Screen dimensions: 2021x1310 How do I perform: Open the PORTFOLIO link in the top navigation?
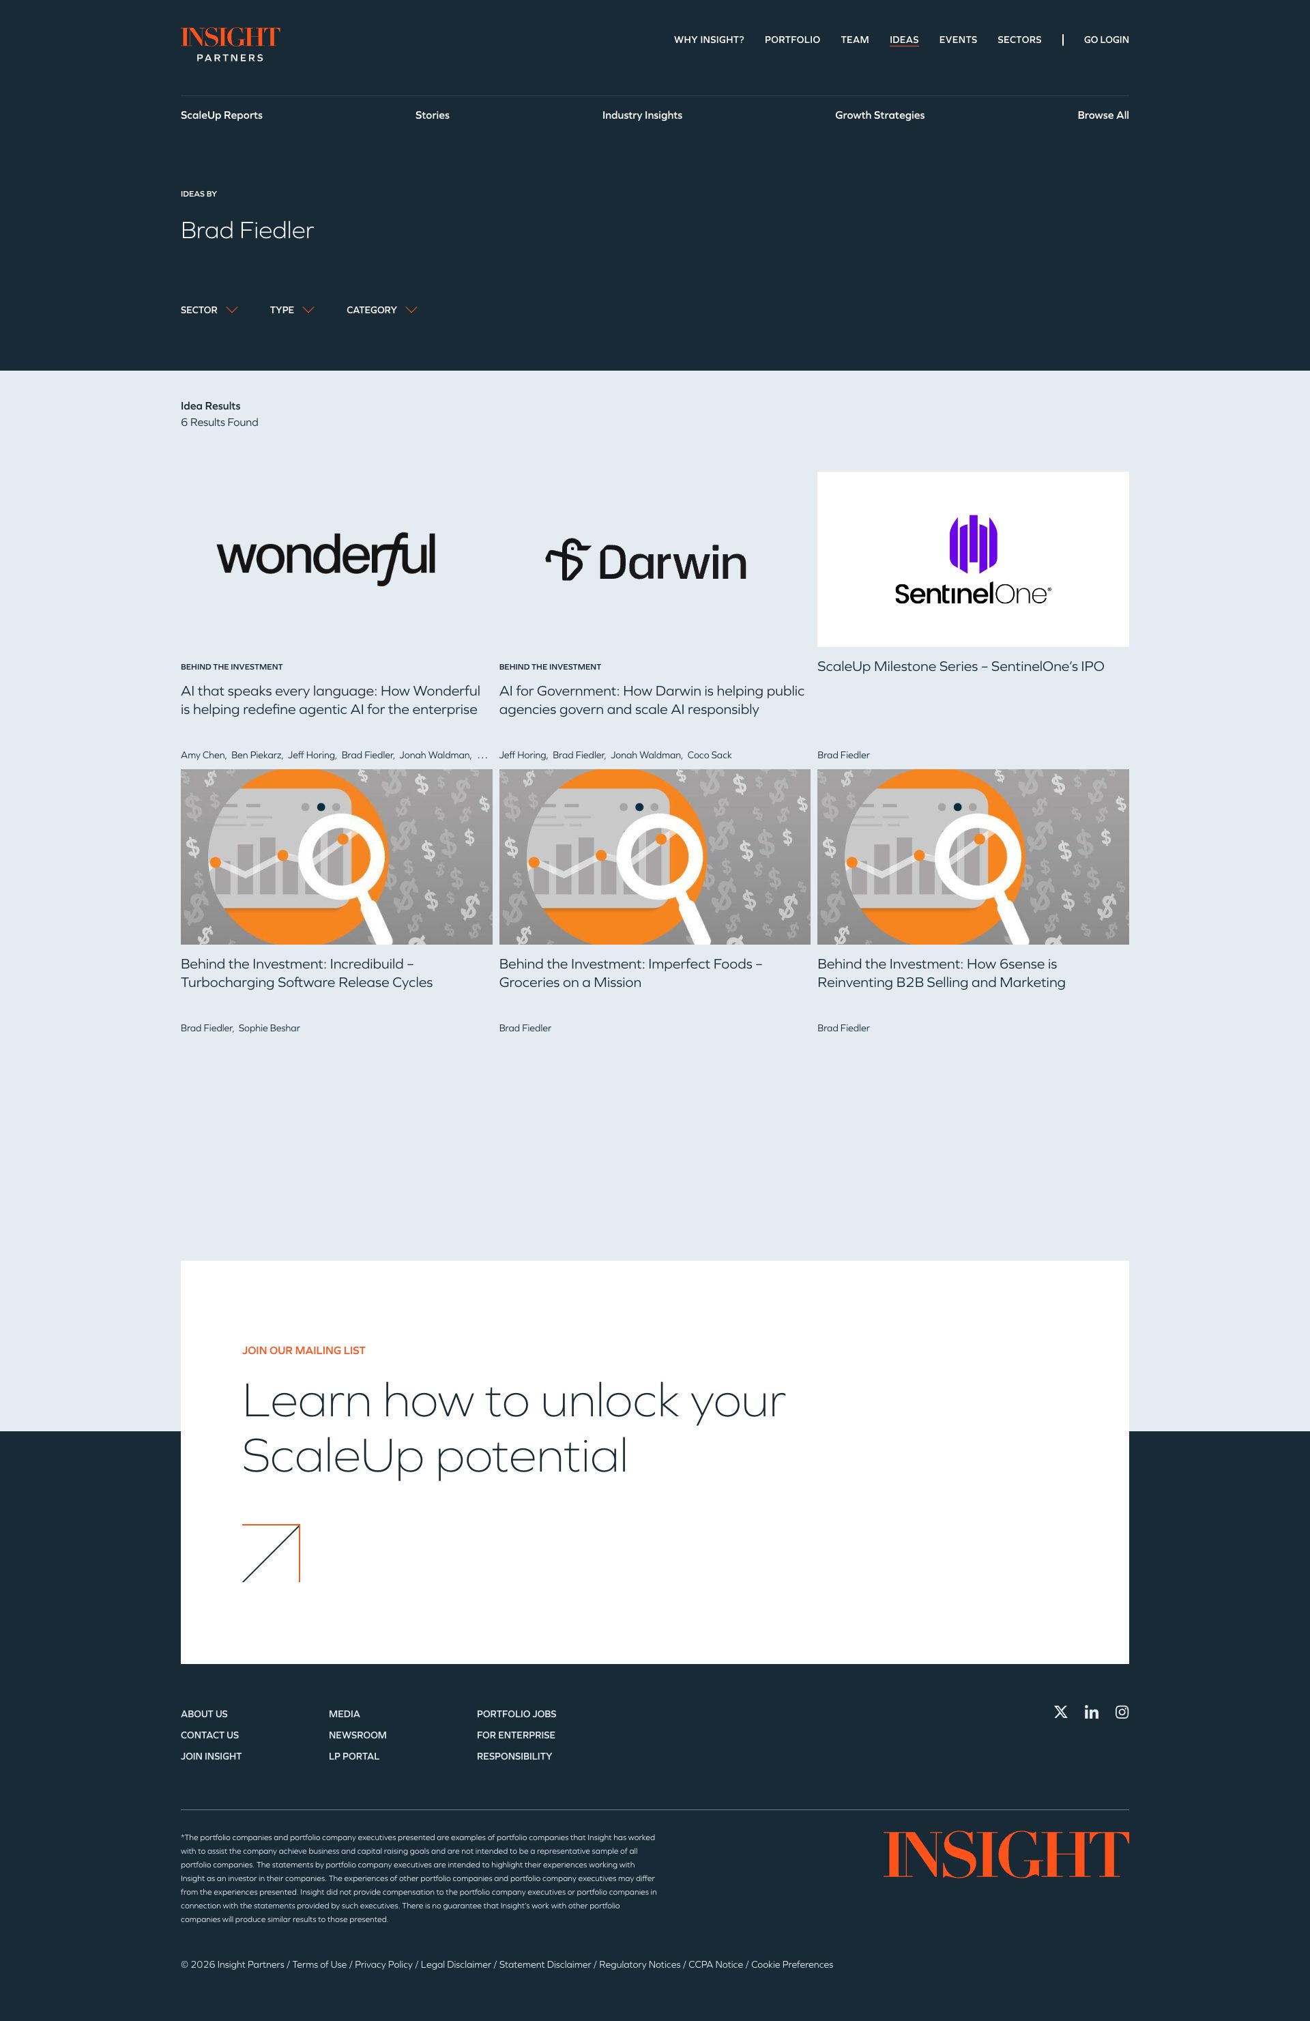coord(791,40)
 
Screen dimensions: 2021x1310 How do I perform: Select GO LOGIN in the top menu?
coord(1105,40)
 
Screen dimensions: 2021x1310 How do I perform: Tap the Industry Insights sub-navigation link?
coord(642,115)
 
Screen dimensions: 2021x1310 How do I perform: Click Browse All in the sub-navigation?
coord(1102,115)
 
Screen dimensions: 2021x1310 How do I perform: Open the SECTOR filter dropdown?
coord(209,310)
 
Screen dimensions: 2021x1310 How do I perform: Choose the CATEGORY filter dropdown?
coord(381,310)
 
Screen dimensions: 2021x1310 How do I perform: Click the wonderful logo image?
coord(327,558)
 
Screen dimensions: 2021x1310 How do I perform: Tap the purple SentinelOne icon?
coord(973,543)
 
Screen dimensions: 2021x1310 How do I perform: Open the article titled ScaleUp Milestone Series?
coord(960,667)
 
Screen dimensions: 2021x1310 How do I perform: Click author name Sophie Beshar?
coord(269,1029)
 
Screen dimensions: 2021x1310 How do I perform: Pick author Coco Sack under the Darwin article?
coord(709,755)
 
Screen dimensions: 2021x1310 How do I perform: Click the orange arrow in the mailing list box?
coord(271,1553)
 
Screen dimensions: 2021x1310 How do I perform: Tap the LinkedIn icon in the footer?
coord(1091,1712)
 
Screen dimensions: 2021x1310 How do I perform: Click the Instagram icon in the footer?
coord(1122,1712)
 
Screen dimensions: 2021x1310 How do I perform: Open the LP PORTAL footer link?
coord(354,1756)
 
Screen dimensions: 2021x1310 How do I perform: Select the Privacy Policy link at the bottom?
coord(383,1964)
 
